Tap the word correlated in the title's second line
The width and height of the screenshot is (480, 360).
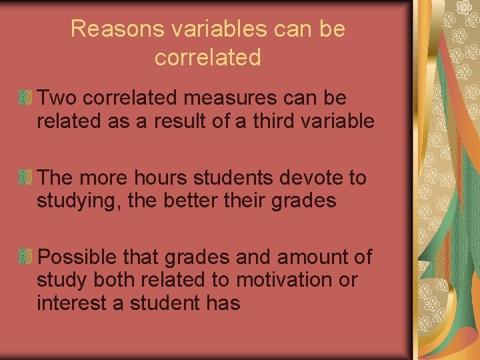(x=207, y=58)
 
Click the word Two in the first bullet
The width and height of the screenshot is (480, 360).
(x=54, y=99)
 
